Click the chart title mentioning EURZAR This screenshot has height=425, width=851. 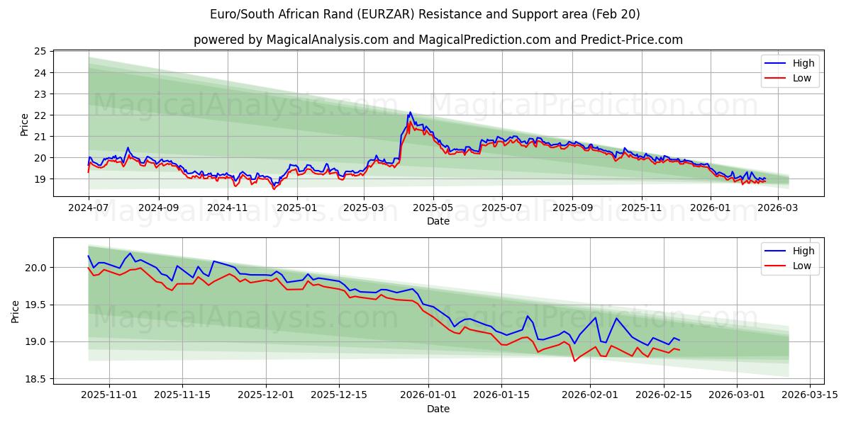coord(425,14)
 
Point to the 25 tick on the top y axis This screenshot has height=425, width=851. coord(40,52)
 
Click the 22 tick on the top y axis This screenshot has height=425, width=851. coord(40,115)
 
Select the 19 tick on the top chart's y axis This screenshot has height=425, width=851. coord(40,179)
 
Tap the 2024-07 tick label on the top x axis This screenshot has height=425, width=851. coord(89,208)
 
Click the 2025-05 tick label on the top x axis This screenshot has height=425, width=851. coord(433,208)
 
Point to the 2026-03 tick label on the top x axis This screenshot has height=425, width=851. coord(778,208)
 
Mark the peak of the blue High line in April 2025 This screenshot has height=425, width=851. coord(409,112)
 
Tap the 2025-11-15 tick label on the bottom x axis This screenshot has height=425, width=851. coord(182,395)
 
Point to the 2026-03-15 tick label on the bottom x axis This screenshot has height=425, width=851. coord(809,395)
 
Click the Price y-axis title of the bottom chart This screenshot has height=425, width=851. coord(16,311)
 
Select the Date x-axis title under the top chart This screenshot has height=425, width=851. coord(438,221)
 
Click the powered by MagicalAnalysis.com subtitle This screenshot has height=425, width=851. coord(438,40)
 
